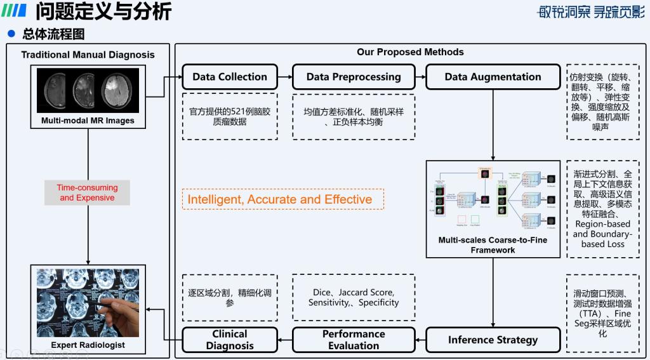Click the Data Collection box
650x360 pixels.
click(x=230, y=77)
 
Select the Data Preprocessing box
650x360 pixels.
click(x=354, y=77)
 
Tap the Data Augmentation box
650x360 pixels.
click(x=493, y=77)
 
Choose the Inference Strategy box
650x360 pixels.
click(x=493, y=340)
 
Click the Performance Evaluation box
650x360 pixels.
click(x=354, y=340)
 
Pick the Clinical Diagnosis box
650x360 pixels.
click(x=230, y=340)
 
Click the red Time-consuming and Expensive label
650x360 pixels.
click(x=88, y=192)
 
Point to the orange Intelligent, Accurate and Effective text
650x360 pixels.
click(x=280, y=199)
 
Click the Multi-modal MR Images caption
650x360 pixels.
click(x=88, y=121)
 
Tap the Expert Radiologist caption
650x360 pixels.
click(x=88, y=345)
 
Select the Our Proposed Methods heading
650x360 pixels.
click(x=410, y=52)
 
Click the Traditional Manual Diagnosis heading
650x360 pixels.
click(x=88, y=55)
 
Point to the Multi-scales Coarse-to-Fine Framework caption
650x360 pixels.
click(x=493, y=245)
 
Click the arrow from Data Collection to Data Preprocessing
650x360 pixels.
click(x=285, y=77)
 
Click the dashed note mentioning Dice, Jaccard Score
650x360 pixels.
click(x=354, y=297)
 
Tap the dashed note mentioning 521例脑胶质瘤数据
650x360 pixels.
click(x=230, y=117)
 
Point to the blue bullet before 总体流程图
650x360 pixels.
click(x=11, y=34)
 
